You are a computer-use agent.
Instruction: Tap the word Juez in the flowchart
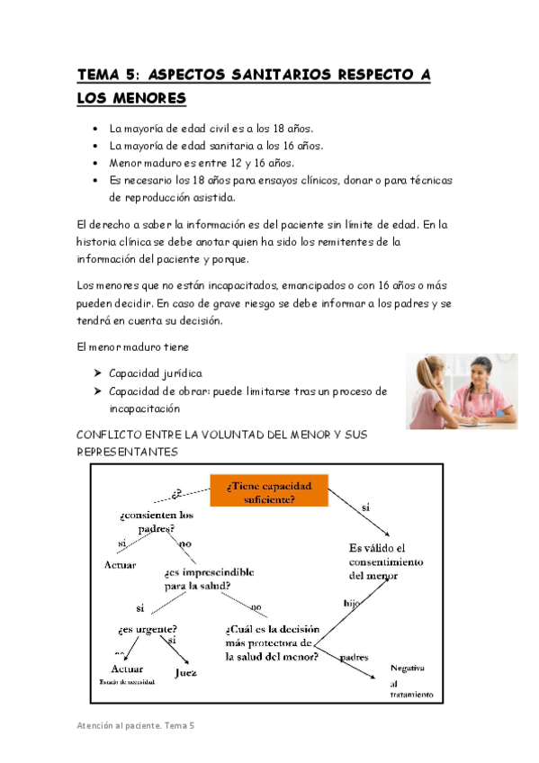[x=185, y=671]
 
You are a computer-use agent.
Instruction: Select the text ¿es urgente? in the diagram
[x=147, y=629]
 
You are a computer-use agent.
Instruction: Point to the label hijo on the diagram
[x=354, y=601]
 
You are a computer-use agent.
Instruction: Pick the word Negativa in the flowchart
[x=408, y=668]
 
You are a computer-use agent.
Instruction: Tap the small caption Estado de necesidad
[x=127, y=682]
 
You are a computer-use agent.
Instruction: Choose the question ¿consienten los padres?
[x=156, y=522]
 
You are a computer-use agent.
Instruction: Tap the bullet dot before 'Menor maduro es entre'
[x=96, y=163]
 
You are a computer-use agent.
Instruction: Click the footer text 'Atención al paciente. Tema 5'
[x=134, y=724]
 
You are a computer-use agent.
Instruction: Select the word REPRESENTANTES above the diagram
[x=127, y=452]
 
